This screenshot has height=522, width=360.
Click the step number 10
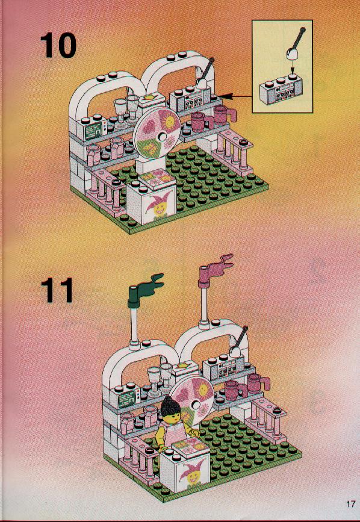coord(58,45)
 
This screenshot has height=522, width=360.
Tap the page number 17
coord(351,504)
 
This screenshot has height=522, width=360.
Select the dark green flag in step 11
coord(144,289)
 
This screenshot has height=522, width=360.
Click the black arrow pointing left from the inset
coord(234,96)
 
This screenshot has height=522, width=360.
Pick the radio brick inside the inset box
coord(279,90)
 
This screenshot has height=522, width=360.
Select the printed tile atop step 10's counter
coord(155,178)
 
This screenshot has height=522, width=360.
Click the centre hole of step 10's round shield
coord(162,137)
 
